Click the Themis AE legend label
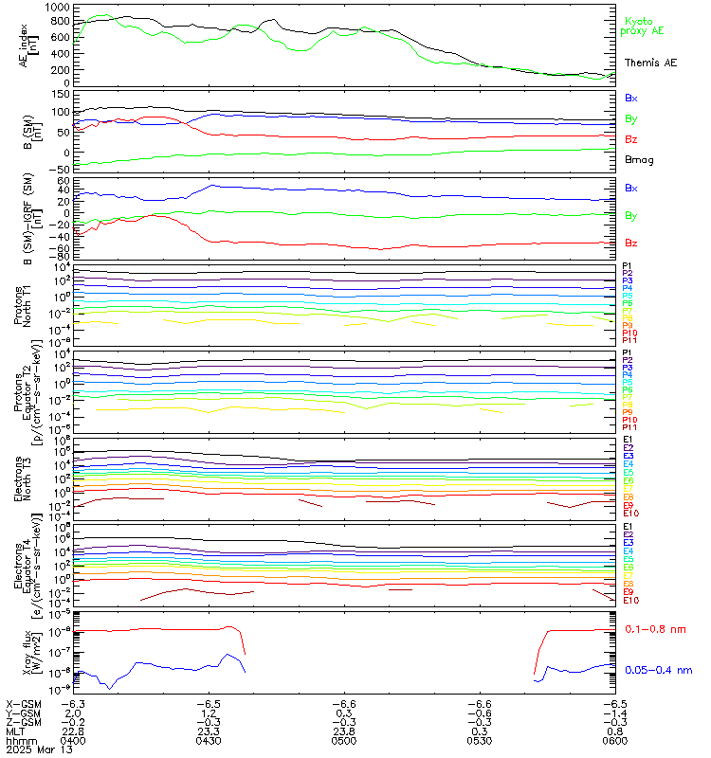pos(649,63)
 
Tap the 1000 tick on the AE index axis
pos(56,8)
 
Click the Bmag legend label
pos(639,160)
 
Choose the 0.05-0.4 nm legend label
pos(659,670)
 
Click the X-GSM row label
pos(23,704)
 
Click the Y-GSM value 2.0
pos(74,713)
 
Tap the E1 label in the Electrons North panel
pos(628,441)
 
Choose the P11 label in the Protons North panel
pos(629,341)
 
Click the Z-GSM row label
pos(23,722)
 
